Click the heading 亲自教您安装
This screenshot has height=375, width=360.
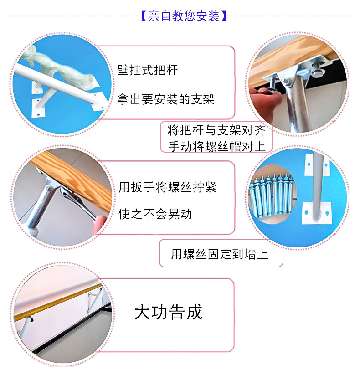(x=184, y=16)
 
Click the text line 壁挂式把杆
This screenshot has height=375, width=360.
(x=147, y=71)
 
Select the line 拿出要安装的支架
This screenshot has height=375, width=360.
(x=165, y=99)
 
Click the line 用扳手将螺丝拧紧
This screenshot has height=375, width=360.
(x=167, y=187)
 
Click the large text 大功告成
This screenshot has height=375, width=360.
(x=169, y=313)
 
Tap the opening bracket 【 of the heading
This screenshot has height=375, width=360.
(x=143, y=16)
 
